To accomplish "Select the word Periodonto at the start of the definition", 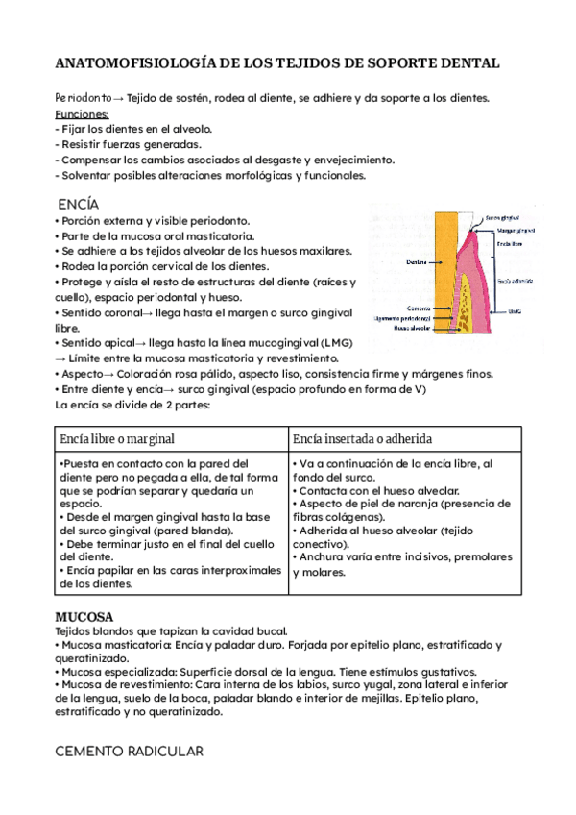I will pyautogui.click(x=82, y=98).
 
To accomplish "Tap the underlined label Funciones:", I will pyautogui.click(x=82, y=113).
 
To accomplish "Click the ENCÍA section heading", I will pyautogui.click(x=78, y=205).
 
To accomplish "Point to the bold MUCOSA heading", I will pyautogui.click(x=84, y=616).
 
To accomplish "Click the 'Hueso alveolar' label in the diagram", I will pyautogui.click(x=395, y=327).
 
